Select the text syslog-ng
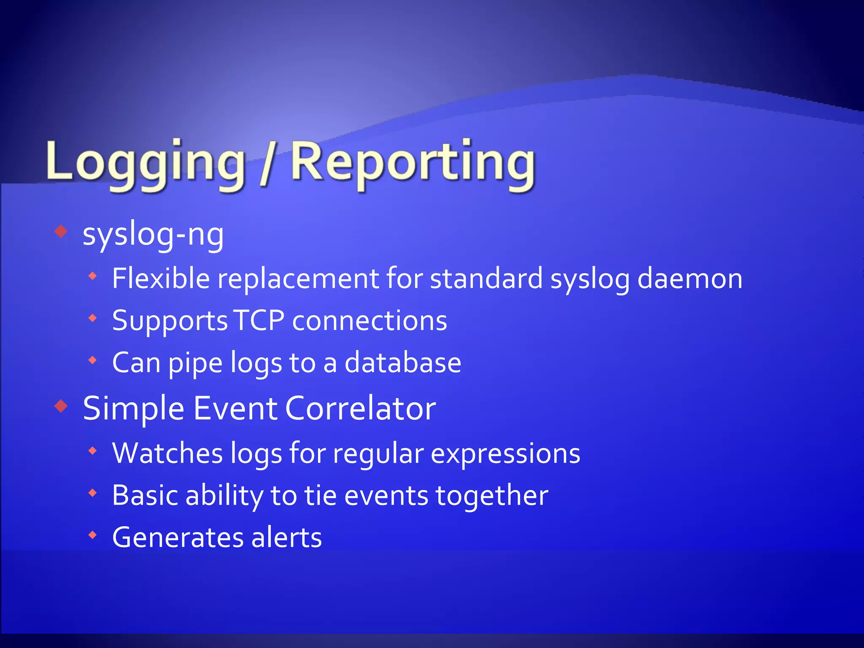[x=153, y=235]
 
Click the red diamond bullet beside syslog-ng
[x=62, y=231]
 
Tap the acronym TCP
[x=259, y=321]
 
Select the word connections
[x=370, y=321]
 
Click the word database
[x=403, y=363]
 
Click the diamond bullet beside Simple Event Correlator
[x=62, y=406]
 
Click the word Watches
[x=167, y=454]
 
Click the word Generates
[x=178, y=537]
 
